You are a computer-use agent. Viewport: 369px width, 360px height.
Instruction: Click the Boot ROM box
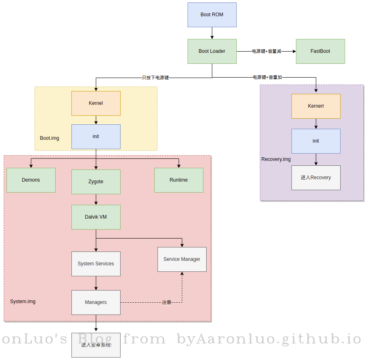click(212, 15)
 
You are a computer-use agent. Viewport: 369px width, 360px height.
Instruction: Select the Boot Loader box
click(212, 51)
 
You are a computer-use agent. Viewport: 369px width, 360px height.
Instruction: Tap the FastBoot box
click(320, 51)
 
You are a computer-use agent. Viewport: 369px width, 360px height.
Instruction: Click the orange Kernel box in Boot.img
click(96, 103)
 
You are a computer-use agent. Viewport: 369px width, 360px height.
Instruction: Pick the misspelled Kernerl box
click(316, 106)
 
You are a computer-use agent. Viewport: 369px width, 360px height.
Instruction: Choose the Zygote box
click(96, 182)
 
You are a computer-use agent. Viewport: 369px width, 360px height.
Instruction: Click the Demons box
click(31, 180)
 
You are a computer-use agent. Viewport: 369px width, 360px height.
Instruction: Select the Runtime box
click(179, 180)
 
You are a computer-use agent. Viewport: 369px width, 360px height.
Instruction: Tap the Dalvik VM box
click(96, 217)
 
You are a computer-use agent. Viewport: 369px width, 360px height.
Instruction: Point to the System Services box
click(96, 264)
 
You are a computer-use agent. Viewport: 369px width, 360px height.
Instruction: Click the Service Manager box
click(182, 259)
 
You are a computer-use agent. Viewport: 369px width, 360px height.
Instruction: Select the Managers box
click(96, 302)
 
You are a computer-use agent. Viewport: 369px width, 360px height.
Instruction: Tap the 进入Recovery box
click(316, 178)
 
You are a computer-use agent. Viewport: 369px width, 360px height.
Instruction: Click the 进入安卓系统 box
click(96, 345)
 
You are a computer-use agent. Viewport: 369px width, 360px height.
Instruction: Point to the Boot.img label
click(50, 138)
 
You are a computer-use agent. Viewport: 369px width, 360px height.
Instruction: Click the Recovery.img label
click(276, 159)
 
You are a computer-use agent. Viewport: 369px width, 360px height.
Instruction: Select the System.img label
click(23, 301)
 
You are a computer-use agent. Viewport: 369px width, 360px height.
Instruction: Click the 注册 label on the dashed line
click(166, 303)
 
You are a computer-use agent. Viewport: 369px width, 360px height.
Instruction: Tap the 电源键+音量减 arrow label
click(266, 52)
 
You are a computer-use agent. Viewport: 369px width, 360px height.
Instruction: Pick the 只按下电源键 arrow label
click(155, 78)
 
